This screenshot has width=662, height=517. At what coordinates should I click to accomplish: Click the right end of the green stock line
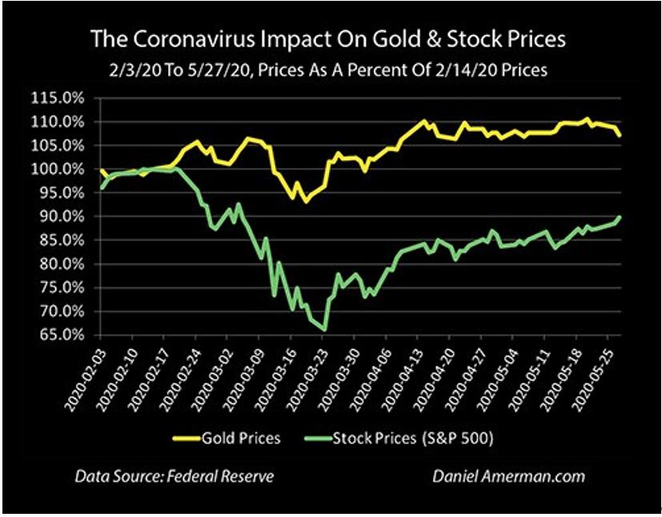[621, 217]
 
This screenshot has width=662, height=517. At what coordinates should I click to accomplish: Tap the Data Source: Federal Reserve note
[175, 476]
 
